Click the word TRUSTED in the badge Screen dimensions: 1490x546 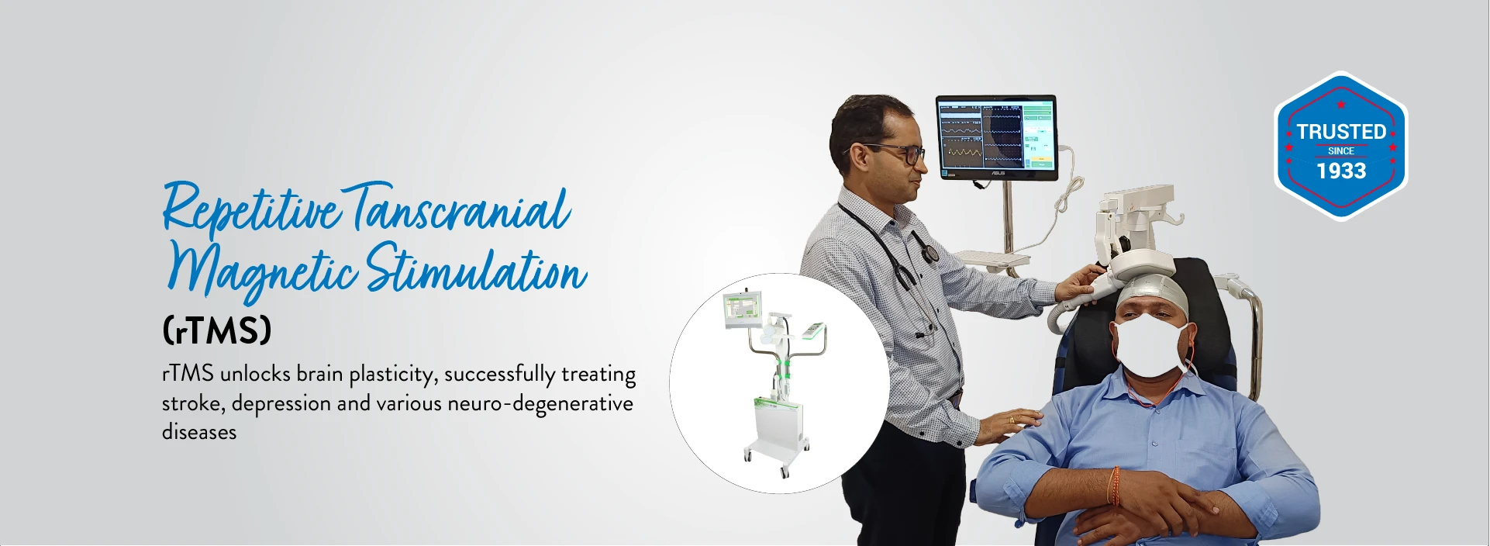click(x=1341, y=132)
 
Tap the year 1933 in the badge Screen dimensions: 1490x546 click(x=1341, y=171)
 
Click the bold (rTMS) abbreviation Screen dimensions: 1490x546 click(x=217, y=331)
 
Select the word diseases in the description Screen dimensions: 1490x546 click(x=199, y=432)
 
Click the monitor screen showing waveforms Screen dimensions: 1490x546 click(x=996, y=136)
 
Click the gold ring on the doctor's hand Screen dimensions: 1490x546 click(x=1011, y=420)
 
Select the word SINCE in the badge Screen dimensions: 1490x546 click(x=1341, y=151)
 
